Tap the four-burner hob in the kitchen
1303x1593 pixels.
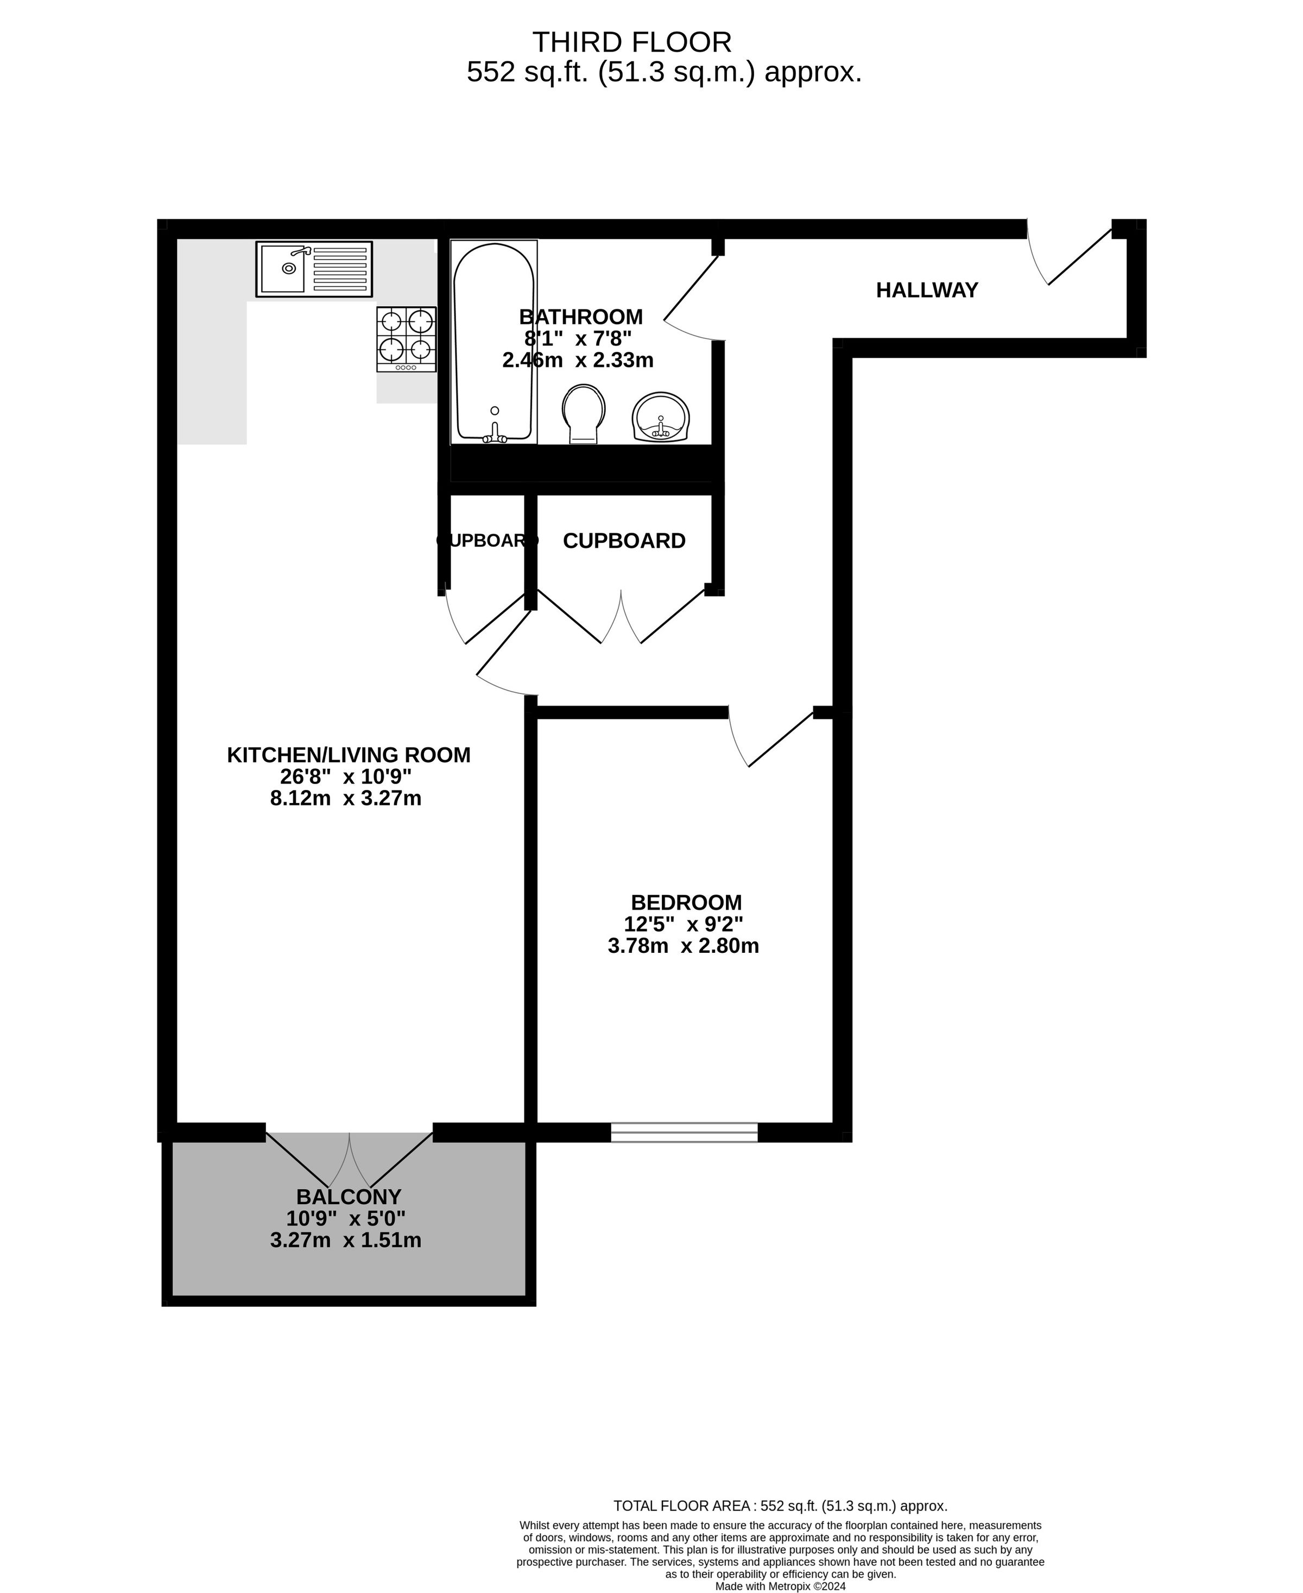coord(407,339)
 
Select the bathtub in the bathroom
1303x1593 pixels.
coord(494,342)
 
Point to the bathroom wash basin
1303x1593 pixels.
coord(661,418)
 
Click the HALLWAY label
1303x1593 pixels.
coord(927,290)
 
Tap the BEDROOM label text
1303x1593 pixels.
coord(686,902)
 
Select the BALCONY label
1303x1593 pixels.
coord(349,1197)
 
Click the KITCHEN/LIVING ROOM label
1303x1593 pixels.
coord(349,755)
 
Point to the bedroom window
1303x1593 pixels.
coord(685,1132)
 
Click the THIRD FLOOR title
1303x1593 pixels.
coord(631,42)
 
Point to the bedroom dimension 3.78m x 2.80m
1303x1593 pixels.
coord(684,946)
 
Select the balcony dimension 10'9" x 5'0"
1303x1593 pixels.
coord(346,1218)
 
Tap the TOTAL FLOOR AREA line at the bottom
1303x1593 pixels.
coord(781,1505)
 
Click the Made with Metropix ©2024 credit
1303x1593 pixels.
coord(781,1586)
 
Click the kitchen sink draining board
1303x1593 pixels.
coord(339,269)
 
